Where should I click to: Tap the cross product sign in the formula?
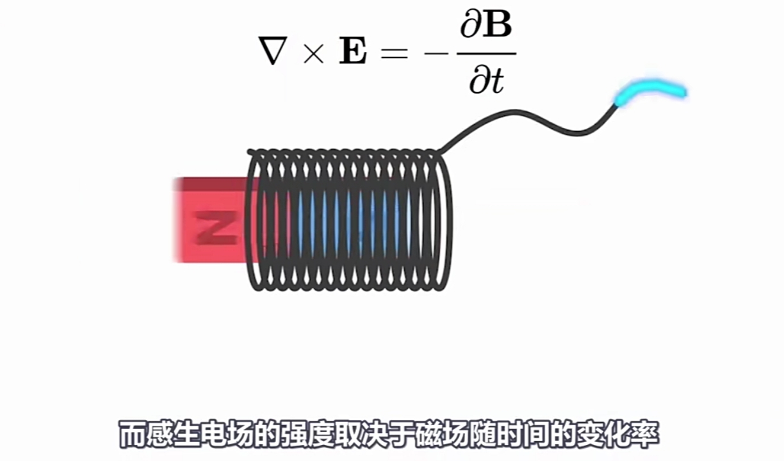tap(313, 53)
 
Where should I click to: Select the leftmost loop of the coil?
tap(252, 221)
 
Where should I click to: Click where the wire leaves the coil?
tap(441, 152)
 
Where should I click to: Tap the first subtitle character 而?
tap(133, 435)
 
